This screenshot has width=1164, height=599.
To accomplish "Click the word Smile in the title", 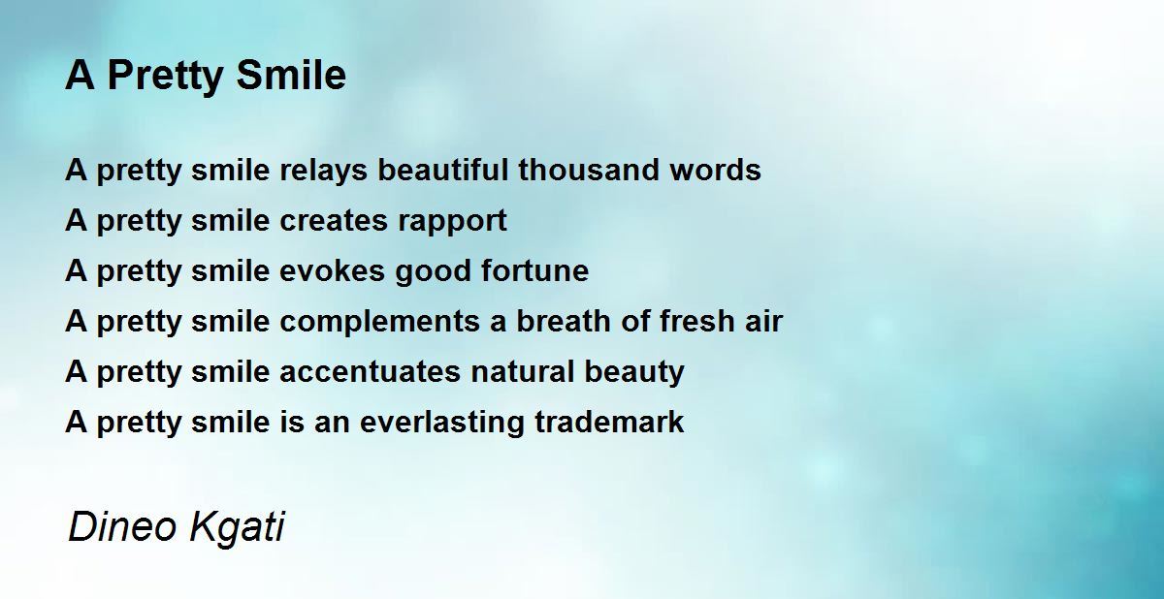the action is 291,75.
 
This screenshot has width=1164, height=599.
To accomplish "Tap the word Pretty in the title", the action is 165,78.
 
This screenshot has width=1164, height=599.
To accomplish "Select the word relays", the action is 324,172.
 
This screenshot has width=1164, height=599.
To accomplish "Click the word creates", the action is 334,221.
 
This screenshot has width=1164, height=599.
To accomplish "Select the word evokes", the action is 332,271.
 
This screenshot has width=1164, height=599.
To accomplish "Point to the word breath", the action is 564,320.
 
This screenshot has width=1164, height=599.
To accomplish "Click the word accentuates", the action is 370,372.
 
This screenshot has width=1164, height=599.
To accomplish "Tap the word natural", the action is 522,371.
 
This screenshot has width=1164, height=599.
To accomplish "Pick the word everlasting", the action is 441,423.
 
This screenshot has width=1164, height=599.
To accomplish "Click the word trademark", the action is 609,422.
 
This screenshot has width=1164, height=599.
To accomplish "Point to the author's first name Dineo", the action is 123,526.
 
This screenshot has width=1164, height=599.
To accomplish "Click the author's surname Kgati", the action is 238,528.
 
